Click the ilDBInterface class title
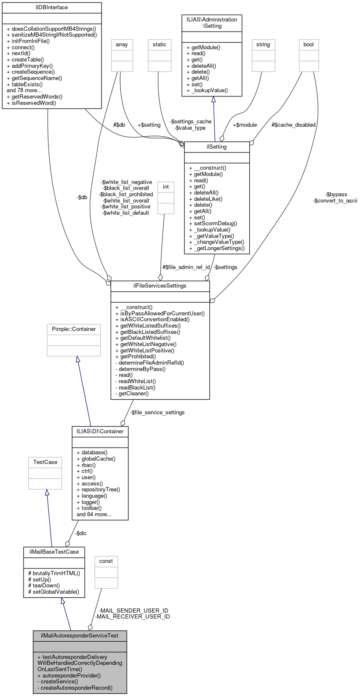(x=52, y=8)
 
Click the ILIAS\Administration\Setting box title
(x=212, y=23)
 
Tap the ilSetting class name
(x=217, y=147)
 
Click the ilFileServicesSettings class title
(x=160, y=286)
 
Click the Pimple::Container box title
(x=74, y=329)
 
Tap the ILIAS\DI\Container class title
(x=100, y=432)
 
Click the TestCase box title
(x=45, y=462)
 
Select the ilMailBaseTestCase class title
(x=54, y=552)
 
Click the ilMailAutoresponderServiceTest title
(x=80, y=636)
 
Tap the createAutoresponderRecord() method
(x=77, y=688)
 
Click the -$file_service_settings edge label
(x=157, y=413)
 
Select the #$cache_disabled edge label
(x=293, y=125)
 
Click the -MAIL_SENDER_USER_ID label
(x=133, y=611)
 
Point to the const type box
(x=106, y=561)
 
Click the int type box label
(x=166, y=187)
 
